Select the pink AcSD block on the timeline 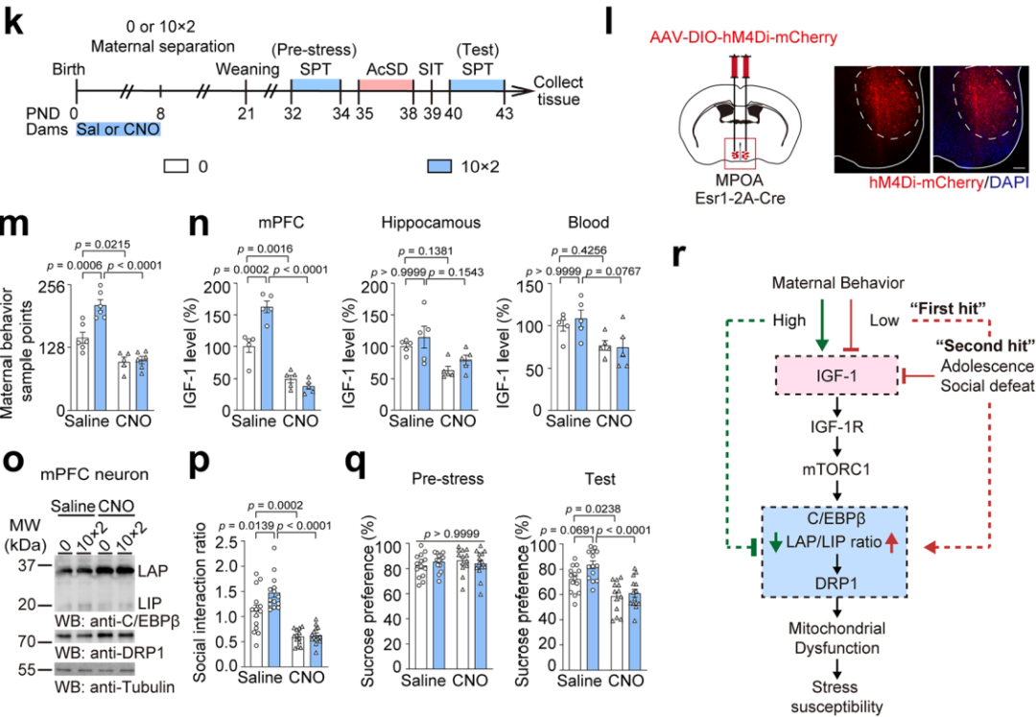tap(385, 85)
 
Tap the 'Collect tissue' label tap(558, 92)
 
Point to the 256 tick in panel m tap(51, 286)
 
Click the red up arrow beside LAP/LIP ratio tap(890, 546)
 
